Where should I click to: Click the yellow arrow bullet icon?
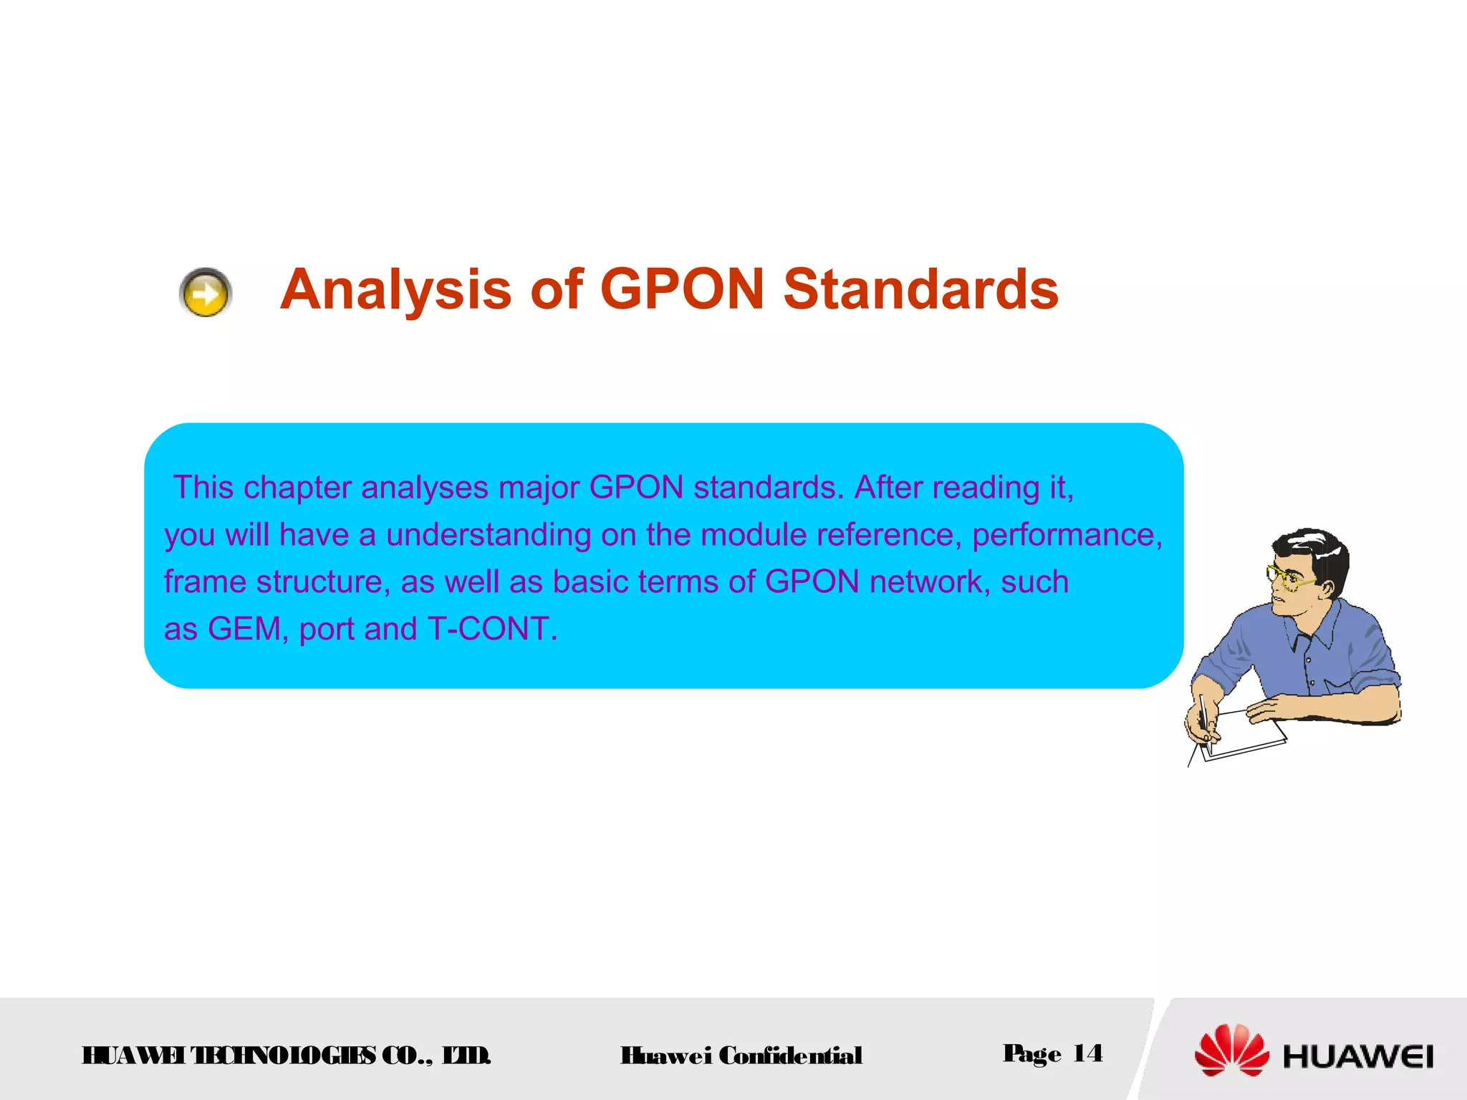(206, 292)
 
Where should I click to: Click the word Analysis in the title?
(395, 290)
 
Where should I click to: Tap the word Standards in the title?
(920, 290)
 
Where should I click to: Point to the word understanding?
(489, 535)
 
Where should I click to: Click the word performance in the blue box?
(1067, 535)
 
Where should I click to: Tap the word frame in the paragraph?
(205, 582)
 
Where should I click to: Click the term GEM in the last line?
(244, 629)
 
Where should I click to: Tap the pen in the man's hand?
(1206, 720)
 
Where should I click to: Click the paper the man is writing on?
(1246, 734)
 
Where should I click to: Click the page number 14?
(1087, 1053)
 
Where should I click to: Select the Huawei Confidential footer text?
(741, 1056)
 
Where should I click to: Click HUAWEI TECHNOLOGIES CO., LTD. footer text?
(287, 1056)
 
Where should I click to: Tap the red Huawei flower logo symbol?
(1231, 1051)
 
